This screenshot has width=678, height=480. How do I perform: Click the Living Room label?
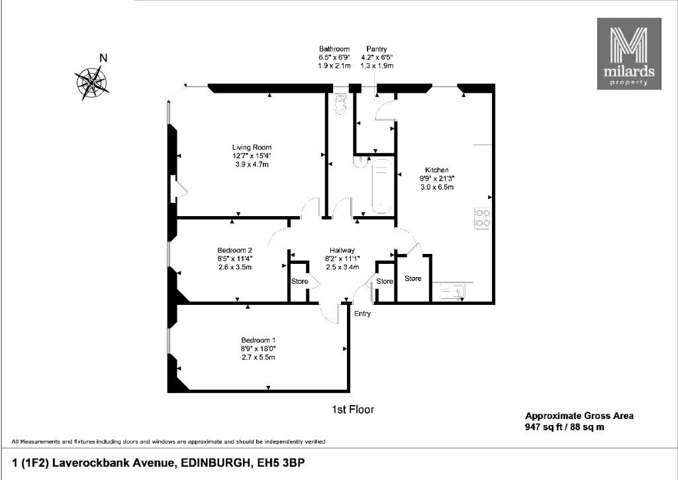tap(252, 147)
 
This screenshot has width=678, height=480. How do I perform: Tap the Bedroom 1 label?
tap(258, 340)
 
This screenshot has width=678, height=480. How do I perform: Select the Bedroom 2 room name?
tap(234, 250)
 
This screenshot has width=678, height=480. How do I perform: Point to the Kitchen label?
tap(437, 170)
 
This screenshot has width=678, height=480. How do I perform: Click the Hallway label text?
tap(342, 250)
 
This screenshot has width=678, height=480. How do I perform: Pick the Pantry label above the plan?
tap(376, 49)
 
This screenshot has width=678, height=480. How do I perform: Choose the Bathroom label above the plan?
tap(334, 49)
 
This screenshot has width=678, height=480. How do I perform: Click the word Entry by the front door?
tap(362, 314)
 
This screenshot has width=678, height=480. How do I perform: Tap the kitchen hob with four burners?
tap(483, 218)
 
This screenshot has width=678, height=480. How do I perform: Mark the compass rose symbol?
tap(91, 82)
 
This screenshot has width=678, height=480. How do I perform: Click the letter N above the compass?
tap(103, 58)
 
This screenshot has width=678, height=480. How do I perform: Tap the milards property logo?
tap(629, 54)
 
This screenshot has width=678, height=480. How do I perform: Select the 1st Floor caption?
tap(352, 409)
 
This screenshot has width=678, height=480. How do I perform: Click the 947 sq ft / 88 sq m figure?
tap(565, 427)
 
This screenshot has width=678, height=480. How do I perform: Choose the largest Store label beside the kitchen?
tap(413, 278)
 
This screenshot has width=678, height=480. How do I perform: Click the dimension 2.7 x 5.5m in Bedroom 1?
tap(258, 357)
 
